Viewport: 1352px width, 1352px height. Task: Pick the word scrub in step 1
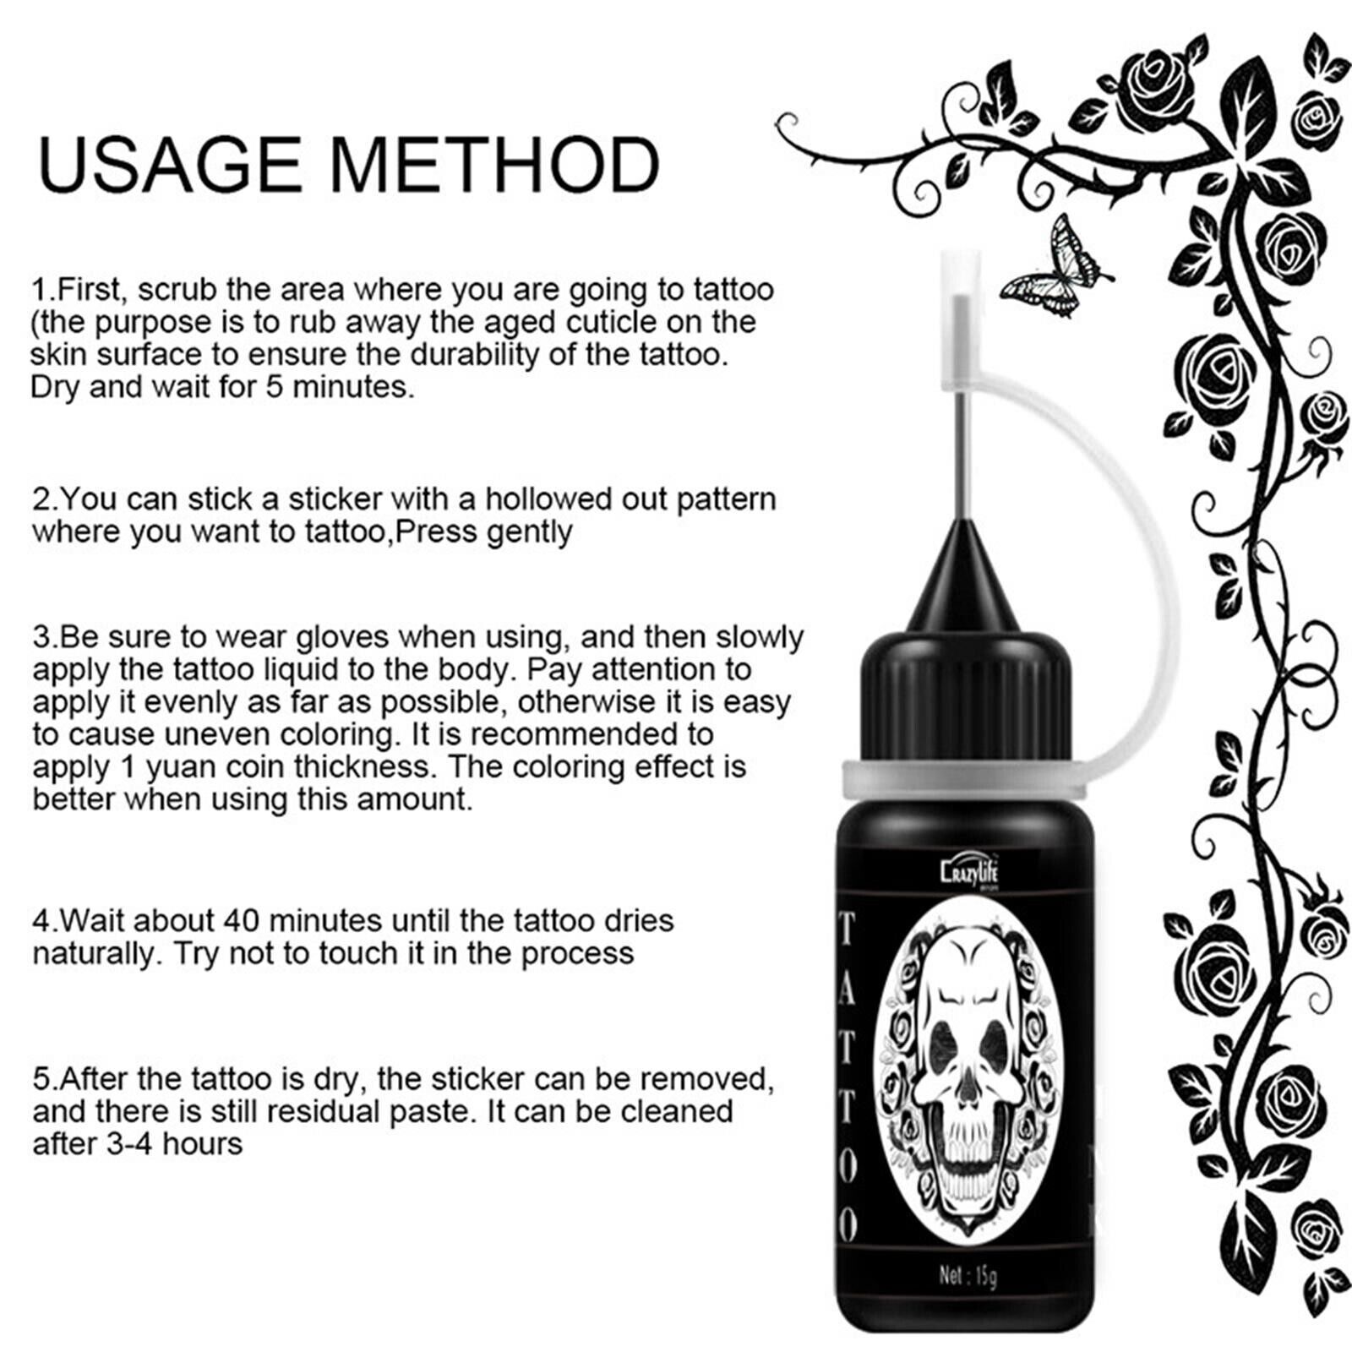pyautogui.click(x=180, y=290)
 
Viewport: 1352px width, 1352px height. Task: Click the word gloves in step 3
pyautogui.click(x=342, y=636)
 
